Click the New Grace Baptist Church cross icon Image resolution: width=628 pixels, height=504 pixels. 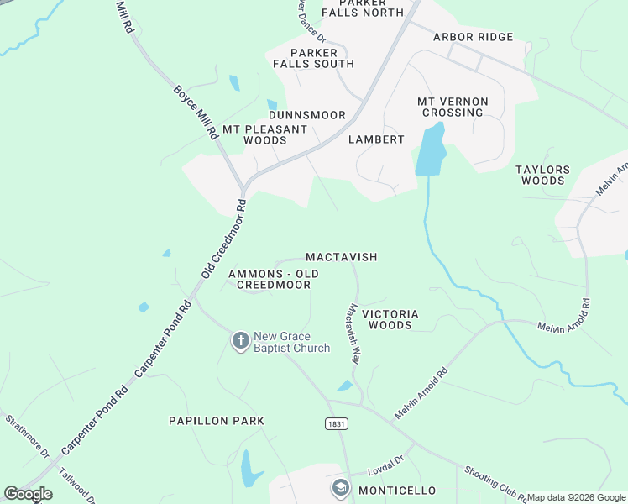(x=240, y=340)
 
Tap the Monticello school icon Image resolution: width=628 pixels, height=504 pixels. (x=340, y=488)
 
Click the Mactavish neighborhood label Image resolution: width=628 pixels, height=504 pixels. (x=341, y=256)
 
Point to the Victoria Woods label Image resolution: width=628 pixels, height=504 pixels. (x=390, y=319)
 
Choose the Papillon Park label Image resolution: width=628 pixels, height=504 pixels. (x=216, y=421)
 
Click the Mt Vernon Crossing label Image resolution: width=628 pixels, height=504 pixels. (x=452, y=107)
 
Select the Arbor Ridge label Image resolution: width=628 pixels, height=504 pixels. (x=473, y=37)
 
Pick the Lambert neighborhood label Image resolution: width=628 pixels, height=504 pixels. (x=376, y=139)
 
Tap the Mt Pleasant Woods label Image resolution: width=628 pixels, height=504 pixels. (x=264, y=134)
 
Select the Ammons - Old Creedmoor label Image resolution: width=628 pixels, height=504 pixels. (x=274, y=280)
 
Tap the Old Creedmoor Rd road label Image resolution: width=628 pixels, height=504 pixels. (x=222, y=240)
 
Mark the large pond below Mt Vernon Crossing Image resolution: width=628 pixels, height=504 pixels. (x=430, y=152)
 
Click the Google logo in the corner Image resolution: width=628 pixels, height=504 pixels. (x=28, y=494)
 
